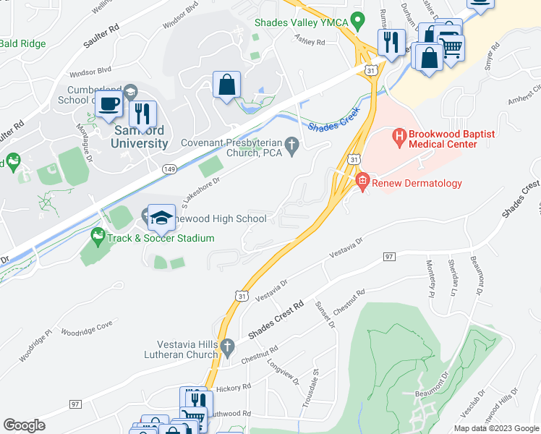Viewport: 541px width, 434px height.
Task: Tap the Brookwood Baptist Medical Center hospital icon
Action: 398,135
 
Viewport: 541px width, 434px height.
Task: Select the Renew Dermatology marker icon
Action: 362,182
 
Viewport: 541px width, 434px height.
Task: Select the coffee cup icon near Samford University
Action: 108,105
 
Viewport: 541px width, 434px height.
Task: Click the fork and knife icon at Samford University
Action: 142,114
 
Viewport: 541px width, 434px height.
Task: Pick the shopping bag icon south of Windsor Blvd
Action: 227,84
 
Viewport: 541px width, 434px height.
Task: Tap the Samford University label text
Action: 140,137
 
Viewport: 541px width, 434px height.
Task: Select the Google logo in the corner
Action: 25,425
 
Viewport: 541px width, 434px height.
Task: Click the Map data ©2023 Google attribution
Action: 495,428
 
